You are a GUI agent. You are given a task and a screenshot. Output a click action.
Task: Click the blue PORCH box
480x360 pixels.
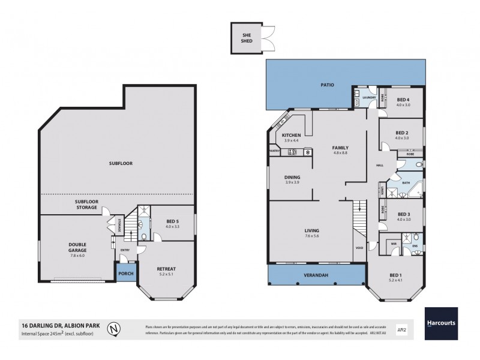(x=125, y=273)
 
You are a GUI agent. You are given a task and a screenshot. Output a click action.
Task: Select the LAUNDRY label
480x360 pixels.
(x=368, y=97)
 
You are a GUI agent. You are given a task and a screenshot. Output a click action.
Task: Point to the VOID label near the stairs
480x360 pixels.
(x=359, y=247)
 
